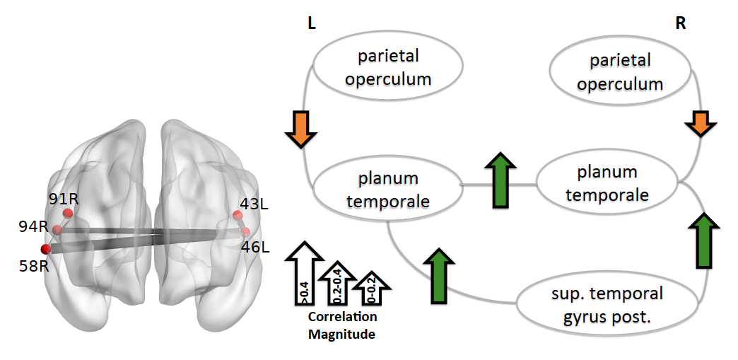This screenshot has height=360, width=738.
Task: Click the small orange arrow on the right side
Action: pos(701,124)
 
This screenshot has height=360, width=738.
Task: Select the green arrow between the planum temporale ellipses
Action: pos(500,180)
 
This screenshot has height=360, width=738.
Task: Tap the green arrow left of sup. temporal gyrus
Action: pos(439,275)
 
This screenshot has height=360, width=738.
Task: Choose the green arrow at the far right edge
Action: pos(704,240)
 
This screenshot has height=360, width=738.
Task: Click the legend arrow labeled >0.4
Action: pos(305,273)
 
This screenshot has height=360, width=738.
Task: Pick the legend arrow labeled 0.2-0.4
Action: pos(337,283)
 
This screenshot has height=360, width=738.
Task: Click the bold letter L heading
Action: pos(312,23)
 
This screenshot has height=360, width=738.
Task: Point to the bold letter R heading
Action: pos(681,23)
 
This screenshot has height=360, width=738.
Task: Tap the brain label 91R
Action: pos(64,199)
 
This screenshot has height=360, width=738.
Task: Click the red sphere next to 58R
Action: pos(46,249)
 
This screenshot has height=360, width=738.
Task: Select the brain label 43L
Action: pos(254,204)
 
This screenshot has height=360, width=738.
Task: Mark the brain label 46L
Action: pos(256,246)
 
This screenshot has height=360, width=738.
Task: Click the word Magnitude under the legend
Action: pos(341,334)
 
